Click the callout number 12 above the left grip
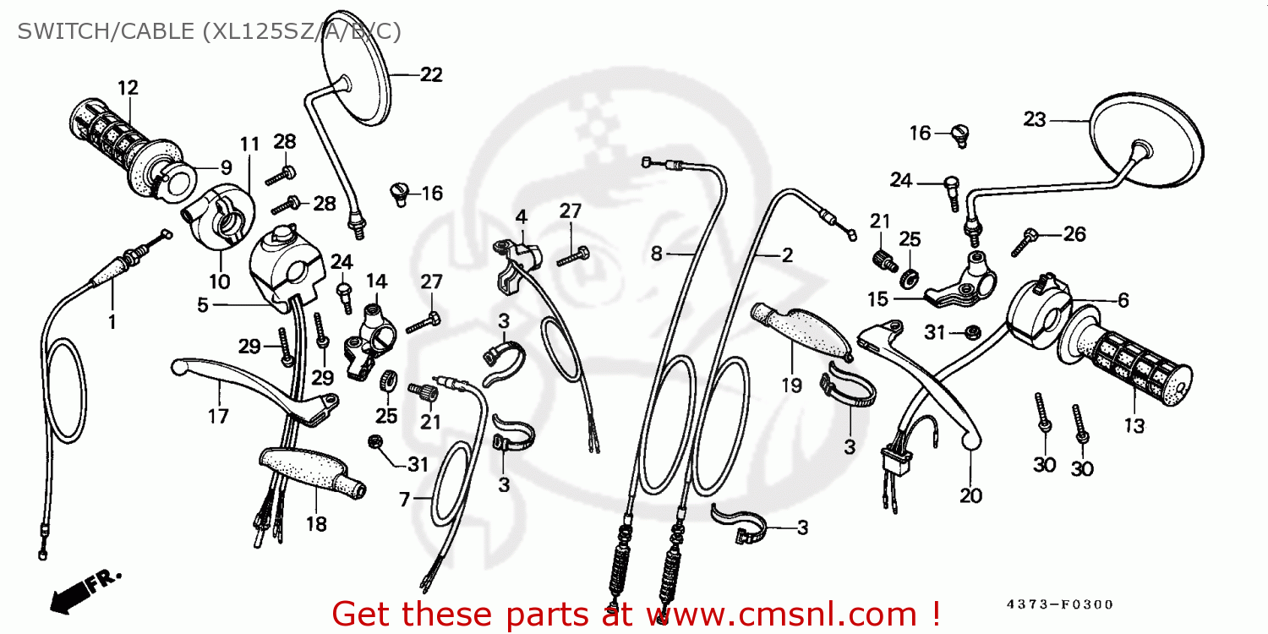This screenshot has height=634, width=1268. click(x=128, y=87)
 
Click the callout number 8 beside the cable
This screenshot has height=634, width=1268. click(x=656, y=253)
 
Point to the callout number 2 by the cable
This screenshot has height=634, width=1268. click(x=787, y=254)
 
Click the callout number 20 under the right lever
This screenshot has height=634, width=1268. click(x=970, y=495)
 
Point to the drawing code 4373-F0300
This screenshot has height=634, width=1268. click(x=1059, y=604)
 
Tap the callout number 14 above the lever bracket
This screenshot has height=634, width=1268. click(x=375, y=281)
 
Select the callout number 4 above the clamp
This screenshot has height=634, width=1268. click(x=522, y=216)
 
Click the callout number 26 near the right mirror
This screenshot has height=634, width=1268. click(x=1074, y=234)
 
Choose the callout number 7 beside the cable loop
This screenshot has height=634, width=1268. click(x=405, y=500)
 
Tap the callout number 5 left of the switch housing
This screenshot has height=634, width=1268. click(x=202, y=304)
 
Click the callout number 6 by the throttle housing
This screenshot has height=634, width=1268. click(x=1123, y=299)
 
